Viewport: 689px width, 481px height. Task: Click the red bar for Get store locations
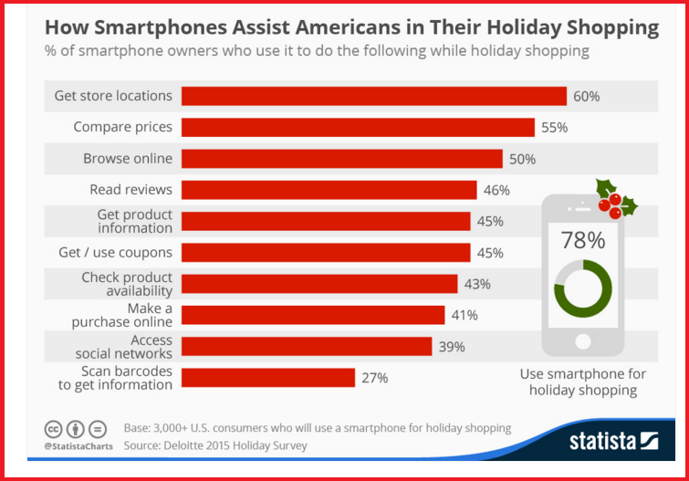(374, 96)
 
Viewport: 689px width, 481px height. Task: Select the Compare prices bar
(358, 127)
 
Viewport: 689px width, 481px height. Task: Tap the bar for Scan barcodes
(268, 377)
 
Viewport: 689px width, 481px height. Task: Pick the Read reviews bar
(329, 190)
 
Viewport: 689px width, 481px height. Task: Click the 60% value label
(586, 96)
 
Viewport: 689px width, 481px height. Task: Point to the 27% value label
(374, 377)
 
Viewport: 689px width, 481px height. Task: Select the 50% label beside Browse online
(522, 159)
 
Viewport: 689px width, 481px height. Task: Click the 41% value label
(465, 315)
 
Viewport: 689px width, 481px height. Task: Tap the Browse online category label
(128, 158)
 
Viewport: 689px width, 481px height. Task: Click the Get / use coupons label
(115, 252)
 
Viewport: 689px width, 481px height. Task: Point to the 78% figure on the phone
(582, 241)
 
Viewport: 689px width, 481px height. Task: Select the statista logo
(613, 442)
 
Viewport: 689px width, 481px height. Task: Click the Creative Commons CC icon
(55, 429)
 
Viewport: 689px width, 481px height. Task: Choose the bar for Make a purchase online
(313, 315)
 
